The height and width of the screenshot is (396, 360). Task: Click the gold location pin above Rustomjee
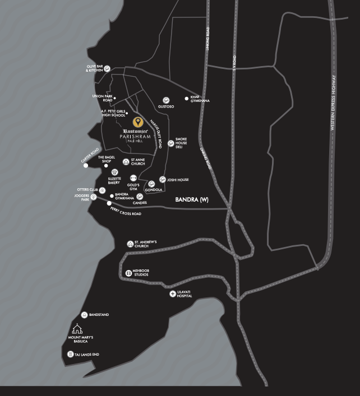[x=137, y=122]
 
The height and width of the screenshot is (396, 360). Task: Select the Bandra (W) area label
[x=192, y=199]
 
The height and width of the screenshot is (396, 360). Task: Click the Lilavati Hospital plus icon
[x=173, y=293]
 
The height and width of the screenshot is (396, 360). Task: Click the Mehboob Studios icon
[x=128, y=272]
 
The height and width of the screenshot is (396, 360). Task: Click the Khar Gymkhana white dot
[x=187, y=99]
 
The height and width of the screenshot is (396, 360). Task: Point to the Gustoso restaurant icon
[x=165, y=97]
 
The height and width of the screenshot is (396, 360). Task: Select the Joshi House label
[x=179, y=180]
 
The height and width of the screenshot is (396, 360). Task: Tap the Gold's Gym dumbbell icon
[x=133, y=178]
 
